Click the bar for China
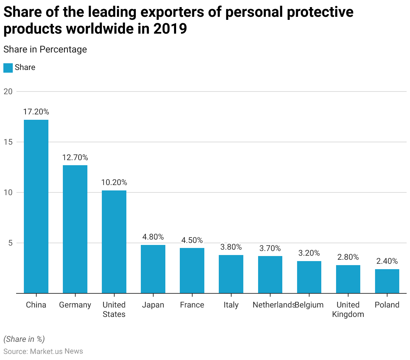pos(36,207)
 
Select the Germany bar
pos(75,229)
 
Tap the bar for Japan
pos(153,269)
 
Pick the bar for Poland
pos(387,281)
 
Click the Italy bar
pos(231,274)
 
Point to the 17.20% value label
pos(36,112)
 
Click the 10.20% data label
pos(114,182)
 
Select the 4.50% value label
pos(192,240)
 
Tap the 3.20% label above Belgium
pos(309,253)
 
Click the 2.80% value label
pos(348,257)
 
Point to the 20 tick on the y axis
pos(8,92)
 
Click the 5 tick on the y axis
pos(10,243)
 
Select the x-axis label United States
pos(114,310)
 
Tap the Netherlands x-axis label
pos(274,305)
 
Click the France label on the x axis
pos(192,305)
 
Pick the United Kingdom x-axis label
pos(348,310)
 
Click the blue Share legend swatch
pos(8,68)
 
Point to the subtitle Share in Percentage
pos(45,49)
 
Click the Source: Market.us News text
pos(43,351)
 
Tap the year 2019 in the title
pos(170,29)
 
